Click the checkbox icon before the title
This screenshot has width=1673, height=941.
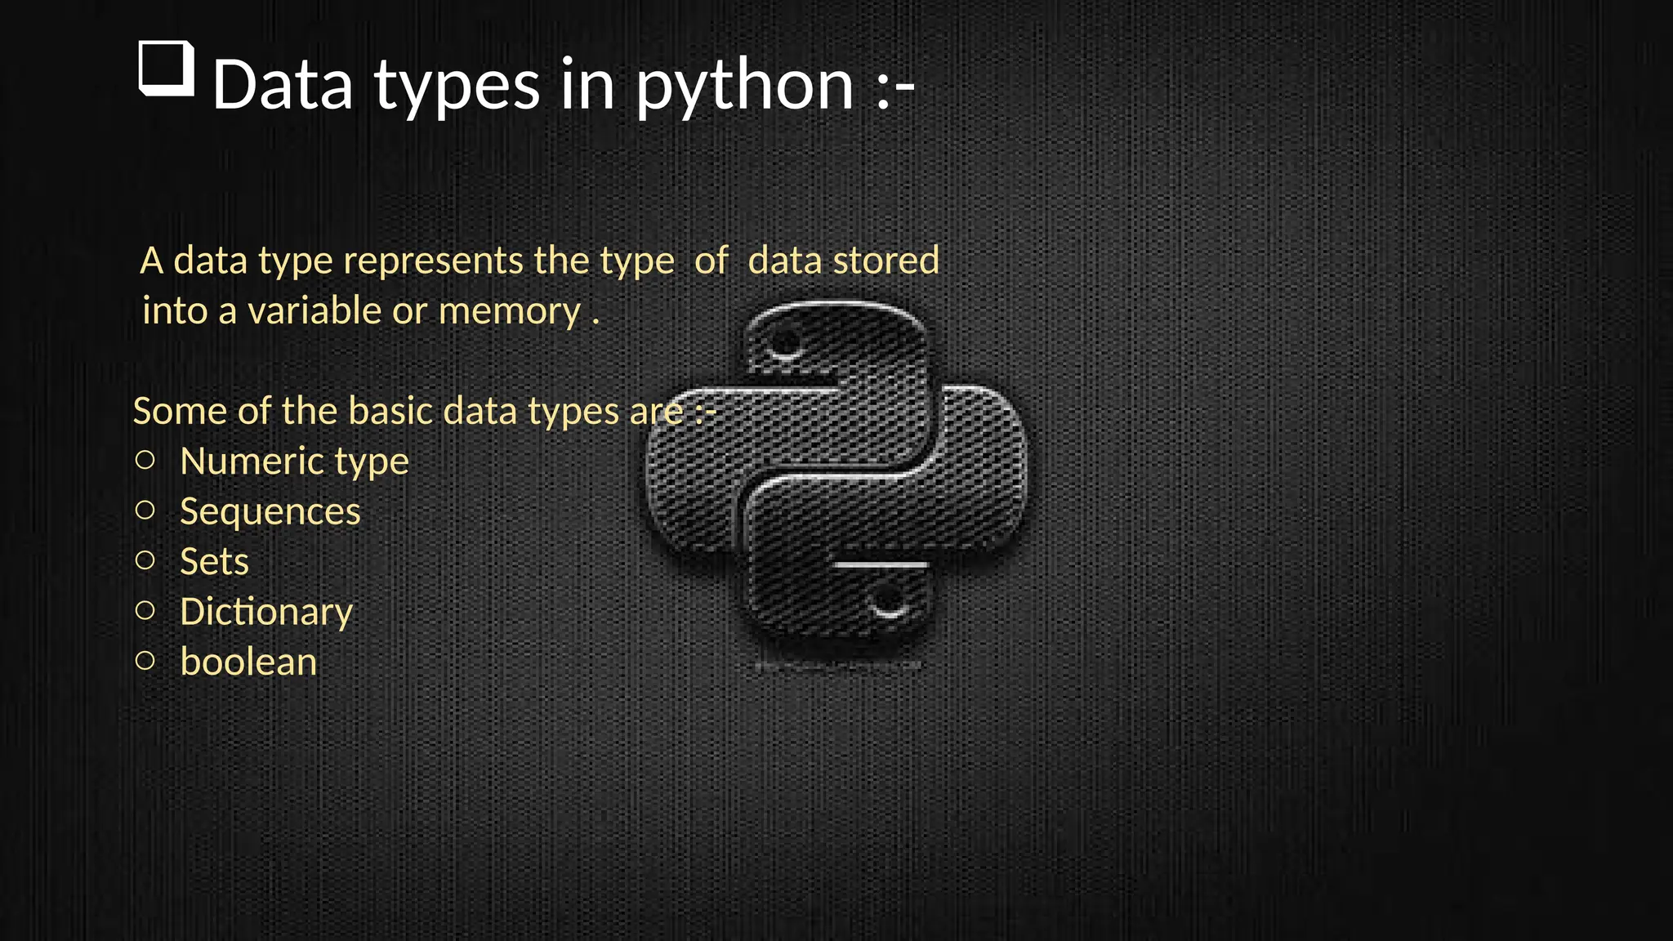167,68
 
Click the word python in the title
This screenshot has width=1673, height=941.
744,87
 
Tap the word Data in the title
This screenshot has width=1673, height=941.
283,85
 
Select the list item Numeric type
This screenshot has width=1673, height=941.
294,462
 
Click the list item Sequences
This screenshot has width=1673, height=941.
270,512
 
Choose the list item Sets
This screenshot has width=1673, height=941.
214,562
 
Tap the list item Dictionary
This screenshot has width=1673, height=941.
266,612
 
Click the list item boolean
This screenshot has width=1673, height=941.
248,662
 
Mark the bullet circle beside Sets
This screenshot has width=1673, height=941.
145,560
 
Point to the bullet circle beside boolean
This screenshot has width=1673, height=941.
145,660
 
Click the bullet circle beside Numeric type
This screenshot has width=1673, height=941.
145,460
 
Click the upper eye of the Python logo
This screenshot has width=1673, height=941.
786,342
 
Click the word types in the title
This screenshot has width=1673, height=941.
457,87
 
